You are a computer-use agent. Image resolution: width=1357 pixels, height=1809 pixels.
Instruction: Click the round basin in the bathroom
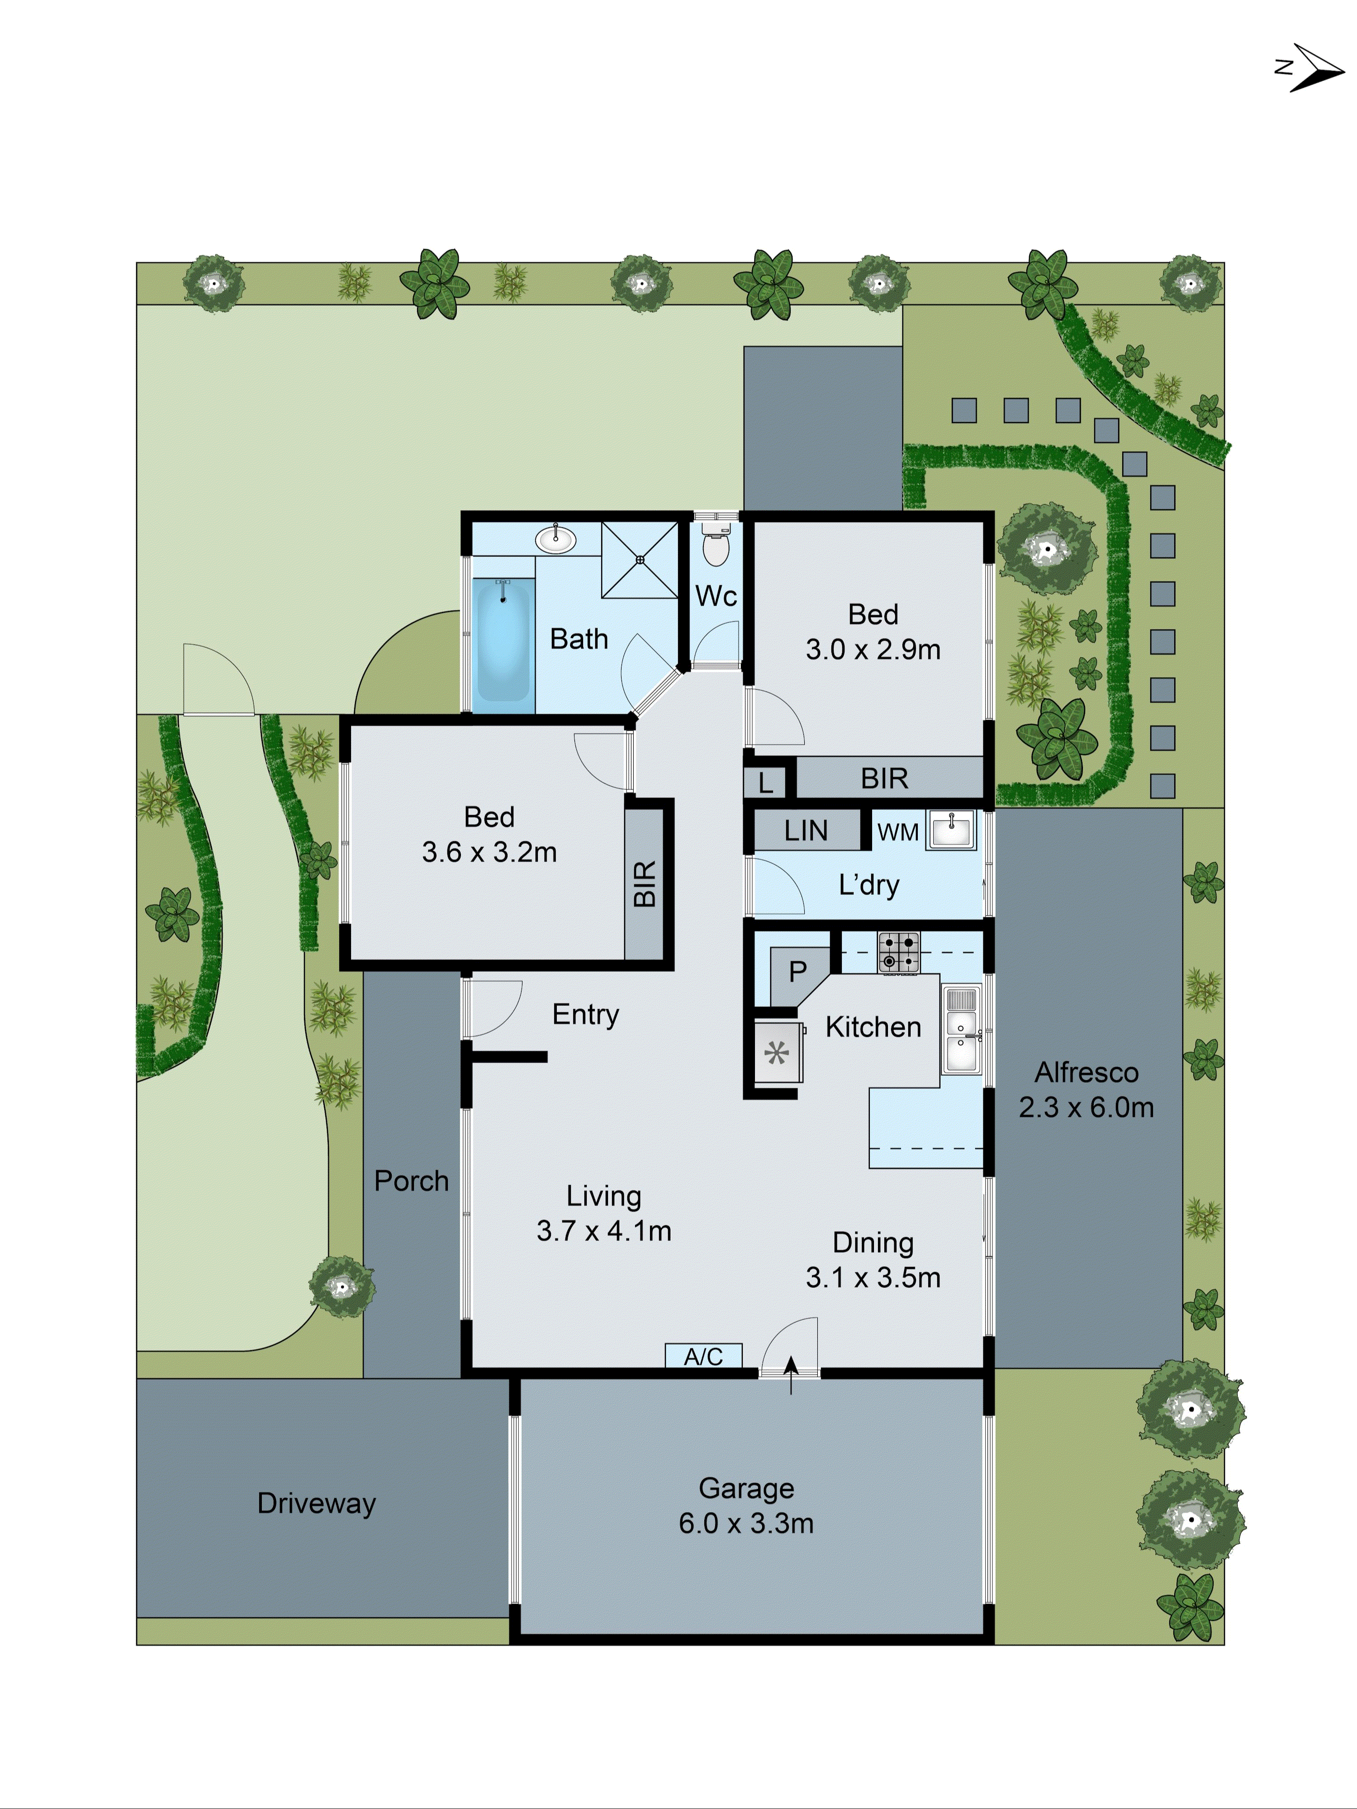tap(556, 540)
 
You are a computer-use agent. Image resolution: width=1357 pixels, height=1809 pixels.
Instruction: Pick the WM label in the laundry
tap(897, 832)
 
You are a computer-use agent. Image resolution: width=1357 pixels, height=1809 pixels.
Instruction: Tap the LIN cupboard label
tap(806, 831)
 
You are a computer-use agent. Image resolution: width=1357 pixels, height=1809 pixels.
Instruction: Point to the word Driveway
tap(317, 1503)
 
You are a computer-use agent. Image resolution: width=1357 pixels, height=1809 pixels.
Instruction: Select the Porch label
tap(412, 1181)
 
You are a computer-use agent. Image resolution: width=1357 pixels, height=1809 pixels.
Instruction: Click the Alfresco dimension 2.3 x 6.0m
tap(1086, 1107)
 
